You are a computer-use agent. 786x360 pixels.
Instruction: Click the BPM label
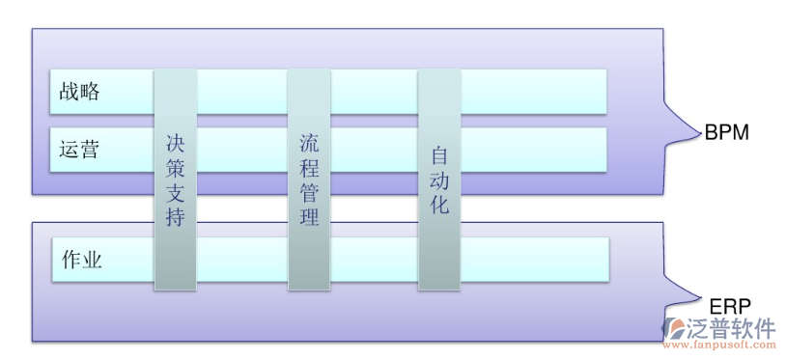[726, 133]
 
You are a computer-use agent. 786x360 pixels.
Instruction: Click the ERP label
[731, 304]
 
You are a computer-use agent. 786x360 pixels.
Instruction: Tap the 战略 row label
[78, 92]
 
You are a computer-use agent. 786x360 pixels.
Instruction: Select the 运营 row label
[78, 151]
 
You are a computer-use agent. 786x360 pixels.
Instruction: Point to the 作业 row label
[81, 261]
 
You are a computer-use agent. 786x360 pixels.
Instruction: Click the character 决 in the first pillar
[175, 143]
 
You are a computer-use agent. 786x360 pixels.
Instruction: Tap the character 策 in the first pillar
[175, 167]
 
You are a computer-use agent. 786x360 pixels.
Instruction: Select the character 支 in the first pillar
[175, 192]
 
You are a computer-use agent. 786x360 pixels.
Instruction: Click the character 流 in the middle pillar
[309, 143]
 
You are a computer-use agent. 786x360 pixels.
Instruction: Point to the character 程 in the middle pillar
[309, 167]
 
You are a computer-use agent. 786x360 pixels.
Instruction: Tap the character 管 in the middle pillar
[309, 192]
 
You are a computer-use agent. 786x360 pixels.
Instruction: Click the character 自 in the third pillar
[439, 154]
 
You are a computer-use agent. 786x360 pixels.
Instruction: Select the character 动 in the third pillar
[439, 180]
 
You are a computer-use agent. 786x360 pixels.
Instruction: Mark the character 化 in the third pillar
[439, 205]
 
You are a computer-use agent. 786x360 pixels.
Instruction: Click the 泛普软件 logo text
[731, 327]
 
